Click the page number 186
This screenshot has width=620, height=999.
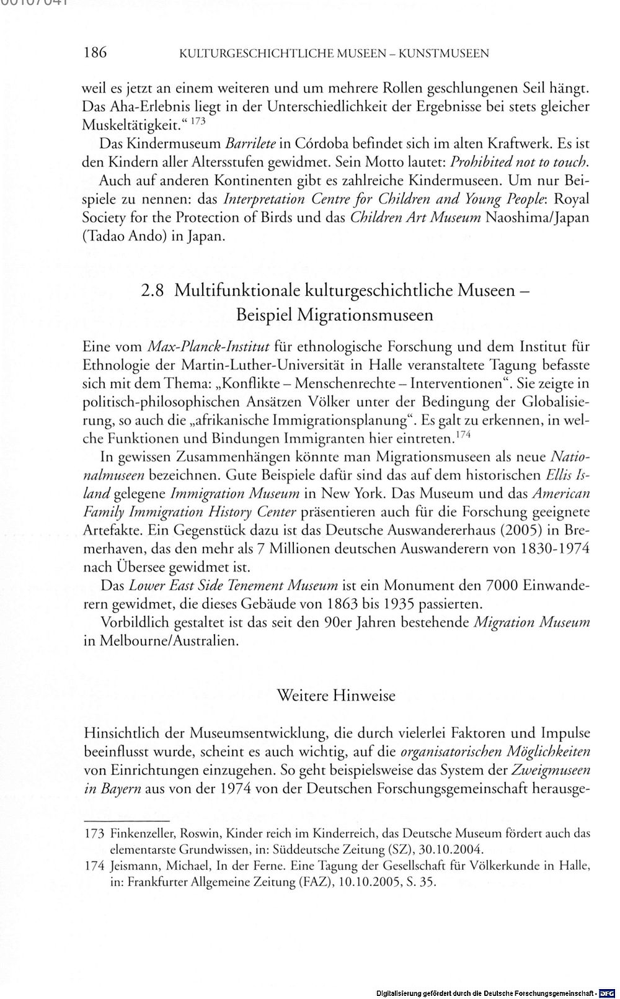point(95,52)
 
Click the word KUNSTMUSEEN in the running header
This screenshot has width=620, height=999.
point(443,53)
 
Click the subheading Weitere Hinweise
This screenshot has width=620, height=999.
point(335,695)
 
